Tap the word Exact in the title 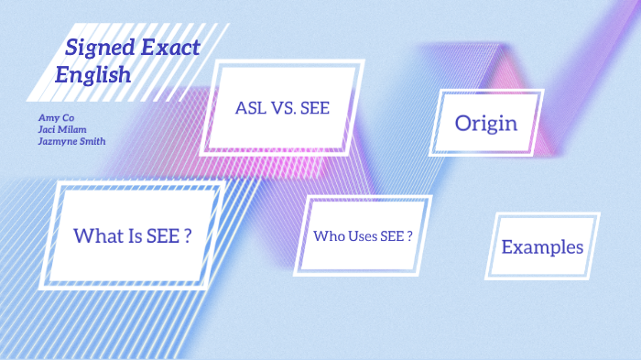pyautogui.click(x=168, y=49)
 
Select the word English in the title pyautogui.click(x=93, y=75)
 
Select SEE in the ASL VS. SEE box pyautogui.click(x=319, y=107)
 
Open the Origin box pyautogui.click(x=486, y=123)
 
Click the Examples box pyautogui.click(x=542, y=246)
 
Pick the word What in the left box pyautogui.click(x=97, y=235)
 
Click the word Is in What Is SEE pyautogui.click(x=137, y=235)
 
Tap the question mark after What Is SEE pyautogui.click(x=187, y=235)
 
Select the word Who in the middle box pyautogui.click(x=328, y=236)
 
